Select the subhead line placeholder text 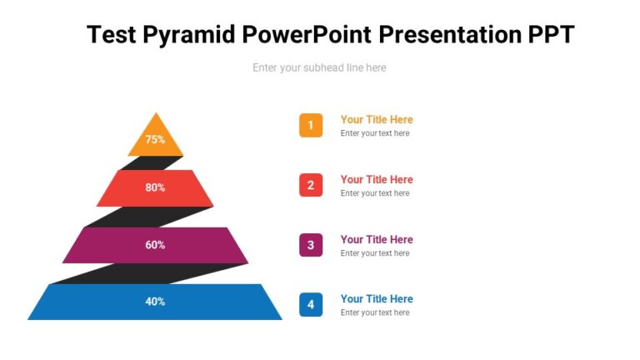319,67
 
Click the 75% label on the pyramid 155,140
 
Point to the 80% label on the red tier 155,187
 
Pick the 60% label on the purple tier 155,245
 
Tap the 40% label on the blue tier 155,302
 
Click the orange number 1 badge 311,126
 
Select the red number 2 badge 311,185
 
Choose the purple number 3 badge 311,245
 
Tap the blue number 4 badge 311,305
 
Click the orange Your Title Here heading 377,119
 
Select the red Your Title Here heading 377,179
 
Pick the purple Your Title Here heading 377,239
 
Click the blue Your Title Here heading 377,298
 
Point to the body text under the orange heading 375,133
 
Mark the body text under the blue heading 375,312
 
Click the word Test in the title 113,34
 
